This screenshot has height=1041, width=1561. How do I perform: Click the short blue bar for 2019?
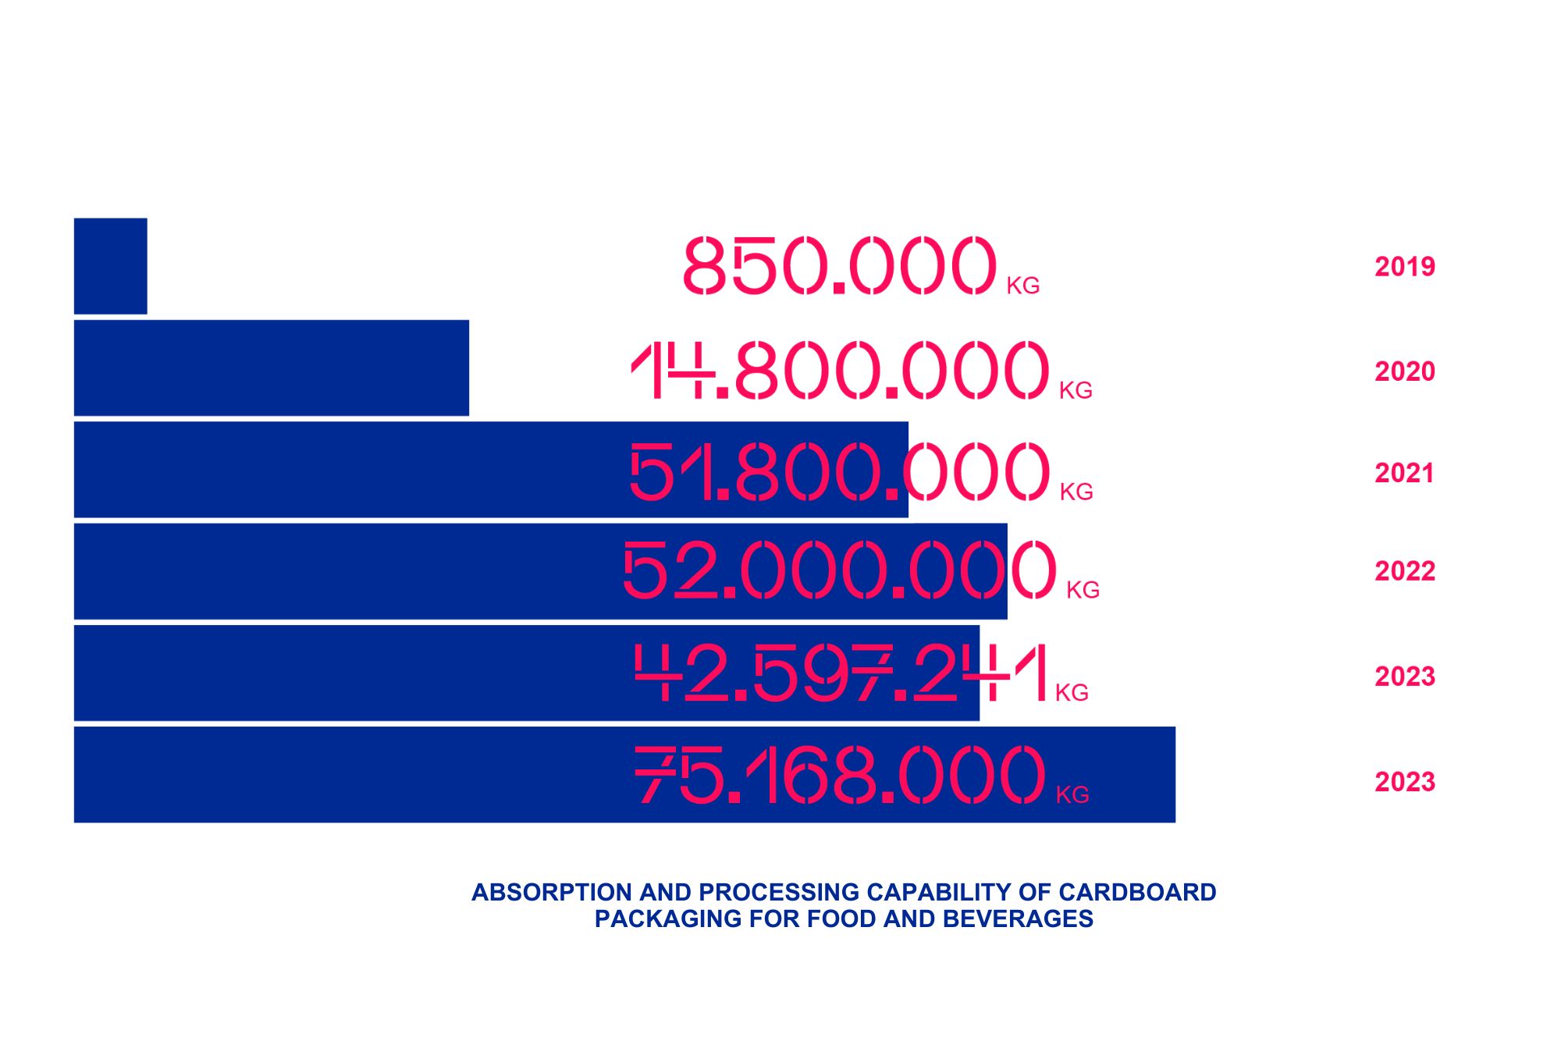(x=110, y=266)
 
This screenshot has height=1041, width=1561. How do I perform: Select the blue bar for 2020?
(x=271, y=368)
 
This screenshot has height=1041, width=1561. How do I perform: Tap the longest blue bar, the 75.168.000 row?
(x=351, y=774)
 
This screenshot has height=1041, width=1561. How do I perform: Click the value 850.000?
(x=840, y=266)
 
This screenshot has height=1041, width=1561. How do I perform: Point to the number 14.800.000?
(x=840, y=370)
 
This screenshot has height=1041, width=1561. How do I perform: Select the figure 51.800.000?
(x=840, y=471)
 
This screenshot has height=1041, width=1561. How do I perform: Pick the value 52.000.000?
(x=840, y=570)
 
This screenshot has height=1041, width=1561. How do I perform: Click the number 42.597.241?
(x=840, y=673)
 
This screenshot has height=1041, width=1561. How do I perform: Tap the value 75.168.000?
(x=840, y=774)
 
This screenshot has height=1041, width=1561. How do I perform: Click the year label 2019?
(x=1404, y=267)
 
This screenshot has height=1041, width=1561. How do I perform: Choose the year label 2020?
(x=1404, y=371)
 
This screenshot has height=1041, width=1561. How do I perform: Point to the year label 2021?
(x=1404, y=473)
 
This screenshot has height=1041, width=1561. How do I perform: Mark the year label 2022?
(x=1404, y=571)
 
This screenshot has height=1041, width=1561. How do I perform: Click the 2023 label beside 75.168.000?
(x=1404, y=782)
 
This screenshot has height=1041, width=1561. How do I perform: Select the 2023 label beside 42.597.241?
(x=1404, y=677)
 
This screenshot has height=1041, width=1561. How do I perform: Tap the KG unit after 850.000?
(x=1022, y=286)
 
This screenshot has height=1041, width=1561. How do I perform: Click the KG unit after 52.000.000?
(x=1083, y=590)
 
